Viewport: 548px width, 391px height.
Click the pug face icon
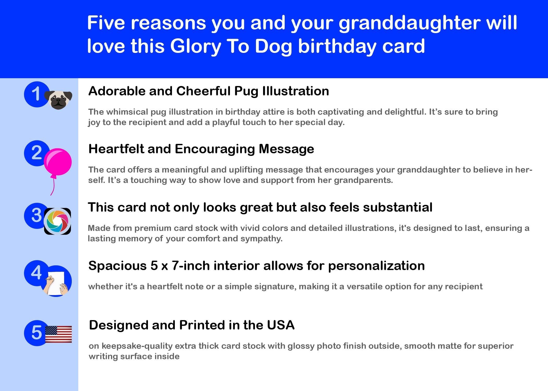pyautogui.click(x=58, y=100)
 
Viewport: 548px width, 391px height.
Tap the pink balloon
pyautogui.click(x=58, y=162)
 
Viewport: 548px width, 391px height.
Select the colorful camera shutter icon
pyautogui.click(x=57, y=221)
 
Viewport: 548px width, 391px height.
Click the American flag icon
pyautogui.click(x=58, y=334)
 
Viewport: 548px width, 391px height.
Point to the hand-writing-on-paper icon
pyautogui.click(x=56, y=282)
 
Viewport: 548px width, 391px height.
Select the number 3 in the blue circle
pyautogui.click(x=37, y=215)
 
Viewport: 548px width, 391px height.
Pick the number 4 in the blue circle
pyautogui.click(x=36, y=273)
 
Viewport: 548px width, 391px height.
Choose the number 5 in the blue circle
pyautogui.click(x=37, y=333)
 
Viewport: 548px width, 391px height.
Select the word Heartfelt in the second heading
pyautogui.click(x=116, y=149)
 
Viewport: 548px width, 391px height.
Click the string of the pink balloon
pyautogui.click(x=53, y=185)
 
